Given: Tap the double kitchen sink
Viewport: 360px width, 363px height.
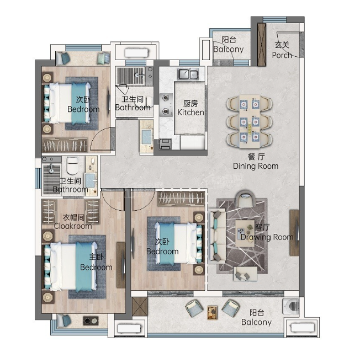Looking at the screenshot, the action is [x=188, y=74].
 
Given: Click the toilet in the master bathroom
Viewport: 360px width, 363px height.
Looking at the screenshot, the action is [x=72, y=166].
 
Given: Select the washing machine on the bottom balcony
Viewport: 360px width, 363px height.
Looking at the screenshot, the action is [x=291, y=306].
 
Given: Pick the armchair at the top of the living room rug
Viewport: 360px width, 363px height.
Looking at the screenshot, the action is [x=246, y=199].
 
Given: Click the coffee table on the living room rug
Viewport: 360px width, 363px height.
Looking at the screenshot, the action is [x=245, y=233].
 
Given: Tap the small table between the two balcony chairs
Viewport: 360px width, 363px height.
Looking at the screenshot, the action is [x=212, y=312].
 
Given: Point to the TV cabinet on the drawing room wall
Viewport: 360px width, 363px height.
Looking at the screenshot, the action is [x=294, y=233].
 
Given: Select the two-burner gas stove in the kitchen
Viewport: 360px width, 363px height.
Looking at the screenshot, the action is [x=166, y=105].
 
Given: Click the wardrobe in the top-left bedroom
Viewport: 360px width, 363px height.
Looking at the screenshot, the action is [x=65, y=145].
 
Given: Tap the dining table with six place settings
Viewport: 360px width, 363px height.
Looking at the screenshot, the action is [x=250, y=121].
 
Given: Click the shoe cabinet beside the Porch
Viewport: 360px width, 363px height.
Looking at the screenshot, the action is [x=262, y=45].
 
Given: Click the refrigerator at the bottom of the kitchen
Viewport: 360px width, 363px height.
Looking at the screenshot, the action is [x=192, y=142].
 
